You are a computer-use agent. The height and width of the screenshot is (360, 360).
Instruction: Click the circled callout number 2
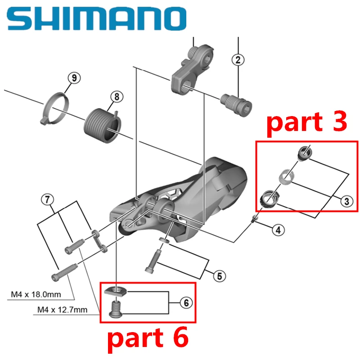238,59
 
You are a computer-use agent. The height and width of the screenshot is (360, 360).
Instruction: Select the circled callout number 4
278,230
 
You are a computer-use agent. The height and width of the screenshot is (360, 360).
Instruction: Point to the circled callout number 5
219,275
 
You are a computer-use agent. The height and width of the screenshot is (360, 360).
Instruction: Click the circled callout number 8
116,96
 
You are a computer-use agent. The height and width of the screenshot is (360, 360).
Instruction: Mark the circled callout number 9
74,78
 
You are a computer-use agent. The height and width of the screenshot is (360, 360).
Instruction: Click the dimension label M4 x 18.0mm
42,296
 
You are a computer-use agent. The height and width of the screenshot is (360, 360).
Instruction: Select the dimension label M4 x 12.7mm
69,310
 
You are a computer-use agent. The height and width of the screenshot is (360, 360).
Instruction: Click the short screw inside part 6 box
117,309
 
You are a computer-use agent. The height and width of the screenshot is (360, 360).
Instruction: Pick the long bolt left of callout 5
152,261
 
